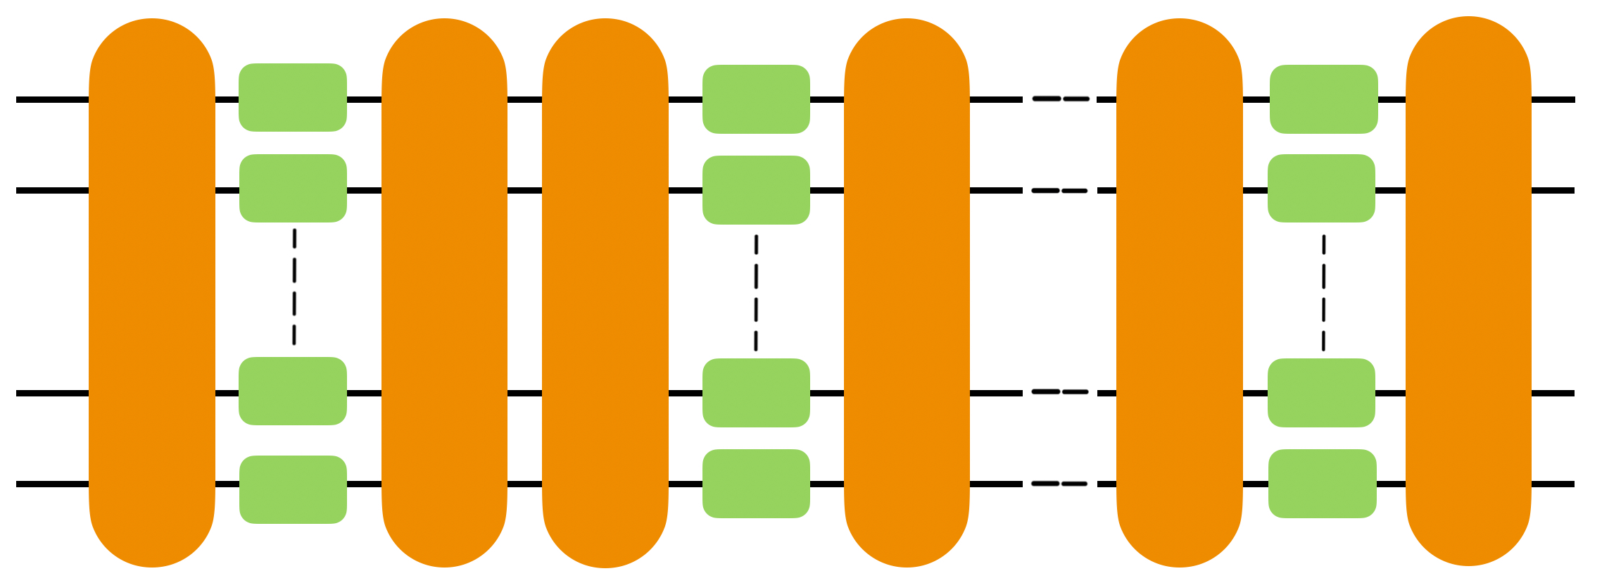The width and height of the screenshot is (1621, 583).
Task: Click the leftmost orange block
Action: point(152,292)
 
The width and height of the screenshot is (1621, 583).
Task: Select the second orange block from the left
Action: point(444,292)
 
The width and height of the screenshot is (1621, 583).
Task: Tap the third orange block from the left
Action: point(605,292)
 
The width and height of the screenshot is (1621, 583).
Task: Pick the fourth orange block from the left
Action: point(907,292)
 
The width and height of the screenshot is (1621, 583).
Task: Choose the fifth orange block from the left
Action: point(1180,292)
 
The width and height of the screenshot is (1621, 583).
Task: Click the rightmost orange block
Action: point(1468,291)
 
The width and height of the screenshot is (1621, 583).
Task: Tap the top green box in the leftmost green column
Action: point(293,97)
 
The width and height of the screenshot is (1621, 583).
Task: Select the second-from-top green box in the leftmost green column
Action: point(293,188)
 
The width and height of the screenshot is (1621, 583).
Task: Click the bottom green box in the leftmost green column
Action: point(293,489)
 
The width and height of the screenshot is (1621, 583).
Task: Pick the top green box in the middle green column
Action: point(756,99)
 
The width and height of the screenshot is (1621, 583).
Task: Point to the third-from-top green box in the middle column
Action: point(756,393)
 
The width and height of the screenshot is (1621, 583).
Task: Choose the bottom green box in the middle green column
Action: point(756,484)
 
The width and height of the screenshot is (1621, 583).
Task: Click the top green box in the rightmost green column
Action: point(1323,99)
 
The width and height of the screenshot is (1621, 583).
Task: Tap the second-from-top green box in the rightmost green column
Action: point(1321,188)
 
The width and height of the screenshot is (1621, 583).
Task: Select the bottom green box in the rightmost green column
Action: point(1322,484)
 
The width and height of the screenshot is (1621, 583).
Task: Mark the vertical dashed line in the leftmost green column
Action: point(294,287)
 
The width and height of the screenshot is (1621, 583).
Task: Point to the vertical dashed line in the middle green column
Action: point(756,292)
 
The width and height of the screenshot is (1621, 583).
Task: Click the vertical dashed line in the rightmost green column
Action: point(1323,292)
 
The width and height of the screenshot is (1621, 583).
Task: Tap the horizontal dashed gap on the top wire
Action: point(1060,99)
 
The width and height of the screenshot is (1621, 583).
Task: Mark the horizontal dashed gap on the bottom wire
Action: point(1060,484)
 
